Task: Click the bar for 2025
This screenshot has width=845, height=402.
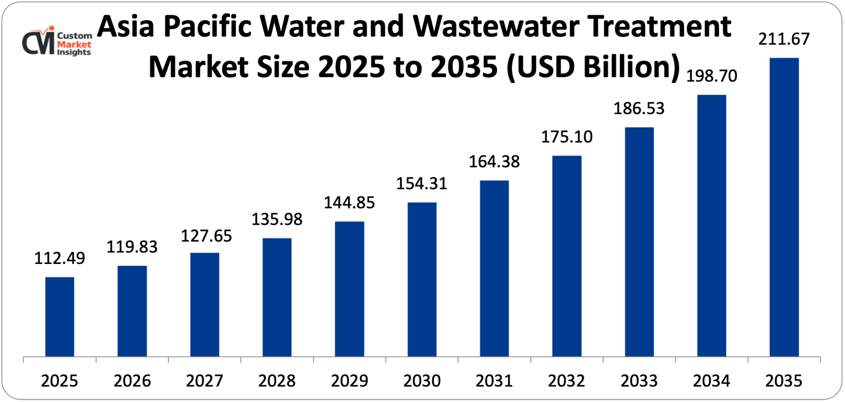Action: click(x=60, y=317)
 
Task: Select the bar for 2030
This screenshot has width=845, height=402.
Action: click(x=422, y=280)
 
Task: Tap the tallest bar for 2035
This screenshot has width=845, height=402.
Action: click(x=784, y=207)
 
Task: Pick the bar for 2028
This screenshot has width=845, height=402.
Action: click(x=277, y=297)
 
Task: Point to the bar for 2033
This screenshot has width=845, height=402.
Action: click(x=639, y=242)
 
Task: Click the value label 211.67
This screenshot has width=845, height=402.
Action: click(x=784, y=39)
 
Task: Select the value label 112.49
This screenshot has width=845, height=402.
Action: click(x=60, y=258)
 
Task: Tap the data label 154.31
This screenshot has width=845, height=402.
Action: click(x=422, y=184)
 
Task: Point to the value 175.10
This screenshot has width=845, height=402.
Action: click(x=567, y=137)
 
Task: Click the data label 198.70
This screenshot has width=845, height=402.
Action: click(x=711, y=76)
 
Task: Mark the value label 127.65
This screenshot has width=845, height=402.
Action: click(x=206, y=236)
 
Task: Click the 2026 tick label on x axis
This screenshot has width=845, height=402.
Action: click(x=132, y=381)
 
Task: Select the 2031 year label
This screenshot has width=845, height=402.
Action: click(x=494, y=381)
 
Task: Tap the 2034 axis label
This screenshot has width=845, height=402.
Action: click(x=711, y=381)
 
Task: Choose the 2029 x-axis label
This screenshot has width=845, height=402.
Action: click(x=349, y=381)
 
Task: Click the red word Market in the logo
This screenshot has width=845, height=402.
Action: click(x=74, y=44)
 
